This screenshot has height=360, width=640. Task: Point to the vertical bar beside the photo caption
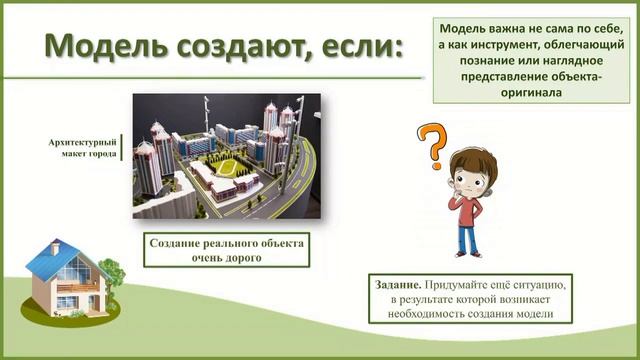(121, 149)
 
